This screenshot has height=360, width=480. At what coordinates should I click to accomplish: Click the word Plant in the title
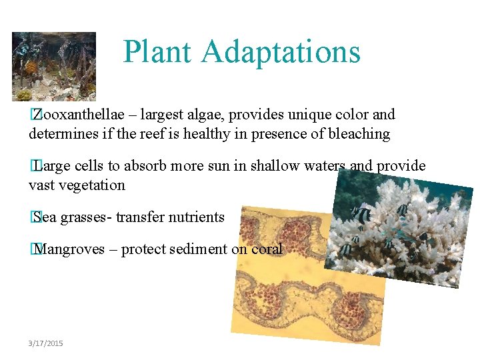pos(157,52)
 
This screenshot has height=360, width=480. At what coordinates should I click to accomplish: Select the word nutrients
pos(197,217)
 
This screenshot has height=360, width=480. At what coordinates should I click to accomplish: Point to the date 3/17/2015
pos(46,343)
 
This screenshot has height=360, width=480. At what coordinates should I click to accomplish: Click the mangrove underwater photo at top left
pos(53,66)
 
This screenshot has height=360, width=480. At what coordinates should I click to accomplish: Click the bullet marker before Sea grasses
pos(33,217)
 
